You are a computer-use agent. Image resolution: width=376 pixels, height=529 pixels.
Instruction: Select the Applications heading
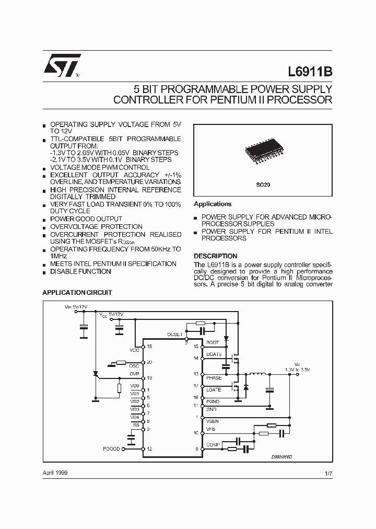213,204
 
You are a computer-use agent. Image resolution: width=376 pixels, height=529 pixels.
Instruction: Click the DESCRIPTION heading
215,256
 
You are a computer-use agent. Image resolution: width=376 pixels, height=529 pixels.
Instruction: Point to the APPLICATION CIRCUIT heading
77,292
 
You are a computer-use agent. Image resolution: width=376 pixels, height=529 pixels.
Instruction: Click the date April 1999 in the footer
55,472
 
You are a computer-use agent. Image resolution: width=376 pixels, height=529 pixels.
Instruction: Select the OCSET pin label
175,334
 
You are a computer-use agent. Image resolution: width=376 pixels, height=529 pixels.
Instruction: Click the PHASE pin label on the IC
214,377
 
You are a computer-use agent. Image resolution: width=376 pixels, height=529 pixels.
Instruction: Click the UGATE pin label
214,354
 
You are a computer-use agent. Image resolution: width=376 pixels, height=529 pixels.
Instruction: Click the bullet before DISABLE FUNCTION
44,272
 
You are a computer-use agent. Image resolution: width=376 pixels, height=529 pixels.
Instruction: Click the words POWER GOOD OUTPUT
86,219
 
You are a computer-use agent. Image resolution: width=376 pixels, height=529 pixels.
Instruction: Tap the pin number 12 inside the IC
150,449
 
